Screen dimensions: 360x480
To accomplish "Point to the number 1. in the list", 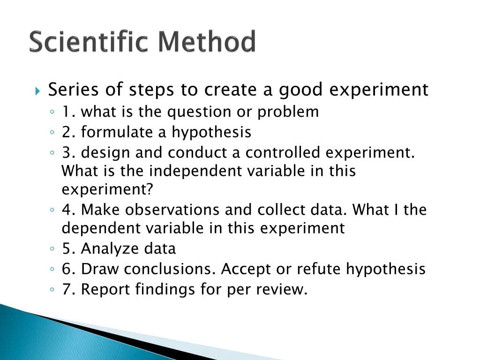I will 68,112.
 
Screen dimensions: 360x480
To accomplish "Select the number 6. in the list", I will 68,269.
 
